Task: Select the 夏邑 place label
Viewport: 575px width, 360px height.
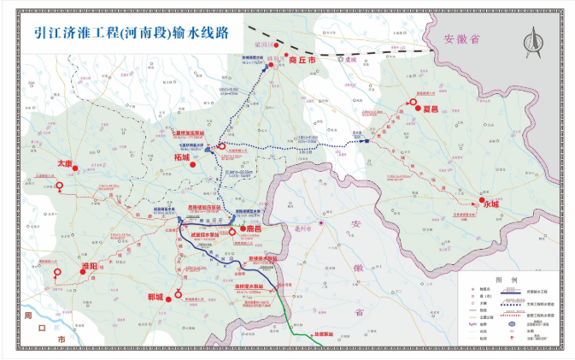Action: [x=430, y=109]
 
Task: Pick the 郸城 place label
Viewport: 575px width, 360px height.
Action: [x=155, y=296]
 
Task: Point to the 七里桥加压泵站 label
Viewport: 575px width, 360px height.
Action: [x=190, y=133]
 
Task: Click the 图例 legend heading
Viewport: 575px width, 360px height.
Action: [x=513, y=280]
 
